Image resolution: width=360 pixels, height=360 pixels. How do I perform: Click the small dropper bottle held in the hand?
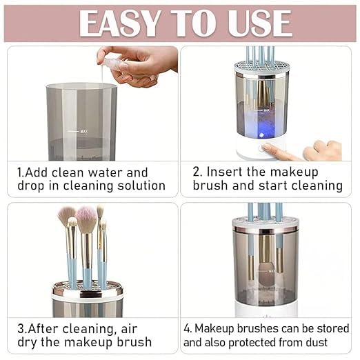point(114,63)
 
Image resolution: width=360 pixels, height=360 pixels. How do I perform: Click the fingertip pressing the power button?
point(267,148)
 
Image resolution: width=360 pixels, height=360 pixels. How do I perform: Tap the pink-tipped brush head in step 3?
point(87,220)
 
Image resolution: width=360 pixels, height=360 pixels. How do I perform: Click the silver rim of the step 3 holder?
point(88,290)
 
